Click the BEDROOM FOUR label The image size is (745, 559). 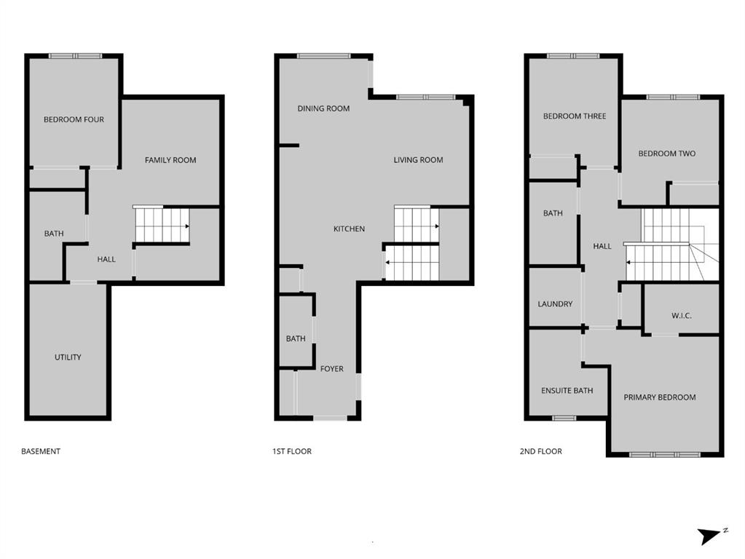pyautogui.click(x=74, y=119)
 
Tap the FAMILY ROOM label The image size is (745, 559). pyautogui.click(x=170, y=160)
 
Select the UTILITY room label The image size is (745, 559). pyautogui.click(x=68, y=357)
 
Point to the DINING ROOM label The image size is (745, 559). pyautogui.click(x=323, y=108)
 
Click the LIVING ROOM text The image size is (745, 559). pyautogui.click(x=418, y=160)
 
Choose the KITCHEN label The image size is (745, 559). pyautogui.click(x=349, y=229)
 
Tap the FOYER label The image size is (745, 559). pyautogui.click(x=331, y=369)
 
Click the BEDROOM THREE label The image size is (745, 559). pyautogui.click(x=575, y=116)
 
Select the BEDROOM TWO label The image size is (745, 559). pyautogui.click(x=666, y=154)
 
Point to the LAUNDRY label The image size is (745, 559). pyautogui.click(x=555, y=304)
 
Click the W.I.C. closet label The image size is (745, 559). pyautogui.click(x=681, y=316)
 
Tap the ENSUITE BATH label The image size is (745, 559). pyautogui.click(x=567, y=391)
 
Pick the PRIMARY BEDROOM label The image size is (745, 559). pyautogui.click(x=659, y=397)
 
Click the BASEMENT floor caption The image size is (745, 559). pyautogui.click(x=41, y=451)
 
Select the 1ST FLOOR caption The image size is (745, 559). pyautogui.click(x=292, y=451)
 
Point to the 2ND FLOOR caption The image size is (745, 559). pyautogui.click(x=540, y=451)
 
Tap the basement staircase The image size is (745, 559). pyautogui.click(x=162, y=225)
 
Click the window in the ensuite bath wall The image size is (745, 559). pyautogui.click(x=564, y=418)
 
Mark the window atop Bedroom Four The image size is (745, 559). pyautogui.click(x=75, y=55)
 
